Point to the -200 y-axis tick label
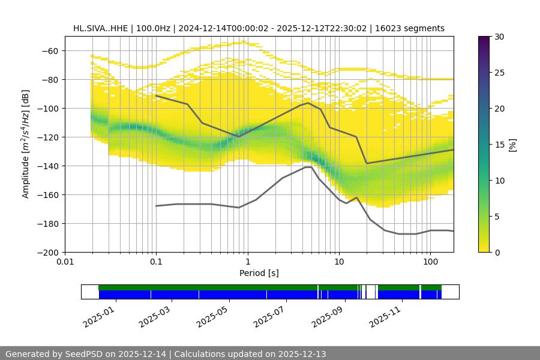pyautogui.click(x=48, y=253)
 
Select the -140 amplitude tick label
pyautogui.click(x=48, y=166)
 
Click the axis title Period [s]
pyautogui.click(x=259, y=274)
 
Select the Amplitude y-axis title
pyautogui.click(x=25, y=144)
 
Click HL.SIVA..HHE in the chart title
pyautogui.click(x=100, y=28)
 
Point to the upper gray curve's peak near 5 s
pyautogui.click(x=308, y=103)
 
